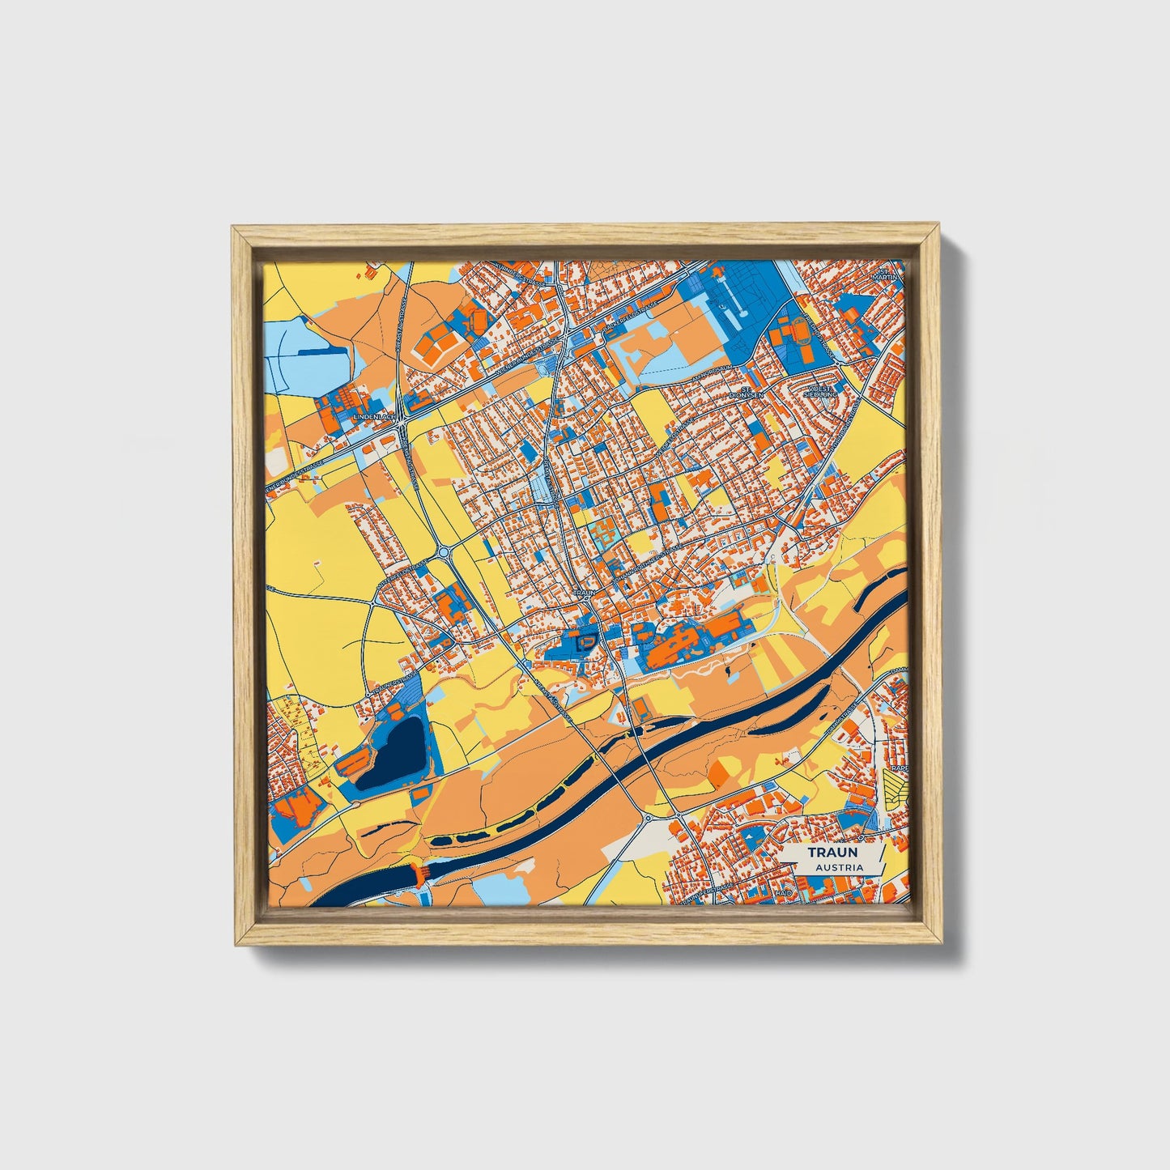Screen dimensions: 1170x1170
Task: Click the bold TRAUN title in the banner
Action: pos(832,852)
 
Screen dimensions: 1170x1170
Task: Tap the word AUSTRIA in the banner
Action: pos(839,867)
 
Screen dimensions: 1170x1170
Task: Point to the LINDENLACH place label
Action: pos(373,416)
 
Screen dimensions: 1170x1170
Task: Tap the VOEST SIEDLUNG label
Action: pos(823,391)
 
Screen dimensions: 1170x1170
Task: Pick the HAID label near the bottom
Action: pos(783,891)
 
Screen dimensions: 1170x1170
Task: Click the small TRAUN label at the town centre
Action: pos(585,593)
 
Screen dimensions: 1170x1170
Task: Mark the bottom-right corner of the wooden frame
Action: pos(942,943)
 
